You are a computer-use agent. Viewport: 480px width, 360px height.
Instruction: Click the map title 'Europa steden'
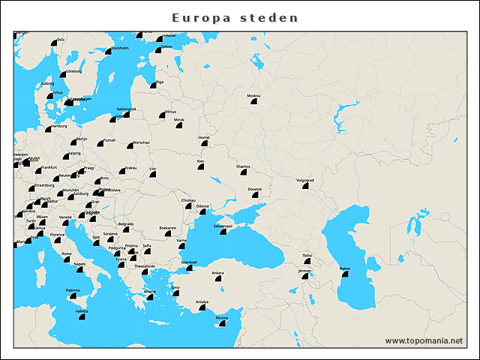pos(235,17)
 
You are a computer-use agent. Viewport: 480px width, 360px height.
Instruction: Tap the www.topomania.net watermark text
pos(424,340)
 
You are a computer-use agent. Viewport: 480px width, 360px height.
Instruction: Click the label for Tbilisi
pos(307,256)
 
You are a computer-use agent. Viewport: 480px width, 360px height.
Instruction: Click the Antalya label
pos(202,301)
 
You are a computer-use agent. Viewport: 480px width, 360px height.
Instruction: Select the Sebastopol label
pos(223,225)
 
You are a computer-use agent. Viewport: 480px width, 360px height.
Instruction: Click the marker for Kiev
pos(201,166)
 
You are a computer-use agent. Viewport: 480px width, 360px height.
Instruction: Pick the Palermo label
pos(73,289)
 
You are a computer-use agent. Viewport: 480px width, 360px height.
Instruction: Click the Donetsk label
pos(255,189)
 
